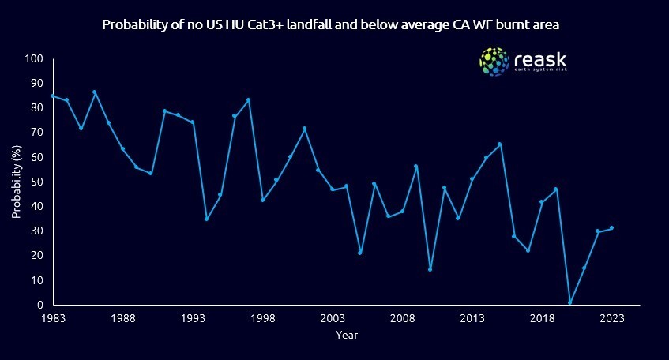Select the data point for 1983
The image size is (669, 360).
click(x=52, y=96)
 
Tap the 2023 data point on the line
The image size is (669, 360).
click(x=611, y=227)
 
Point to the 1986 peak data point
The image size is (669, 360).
click(x=95, y=92)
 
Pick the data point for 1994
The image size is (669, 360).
click(x=206, y=219)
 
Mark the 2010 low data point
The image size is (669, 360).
click(x=430, y=269)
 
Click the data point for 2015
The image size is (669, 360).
click(x=500, y=144)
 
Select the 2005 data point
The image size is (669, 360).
click(x=360, y=253)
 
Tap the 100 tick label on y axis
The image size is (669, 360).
click(x=33, y=59)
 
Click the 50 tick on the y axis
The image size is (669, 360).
click(x=36, y=182)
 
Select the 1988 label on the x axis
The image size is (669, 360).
click(x=122, y=317)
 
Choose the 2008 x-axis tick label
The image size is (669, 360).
click(x=402, y=317)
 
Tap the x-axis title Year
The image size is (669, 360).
click(x=346, y=335)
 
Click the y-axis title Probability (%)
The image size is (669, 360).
click(x=16, y=182)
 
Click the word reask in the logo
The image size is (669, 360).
click(x=540, y=58)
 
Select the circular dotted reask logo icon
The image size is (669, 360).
click(x=494, y=62)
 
